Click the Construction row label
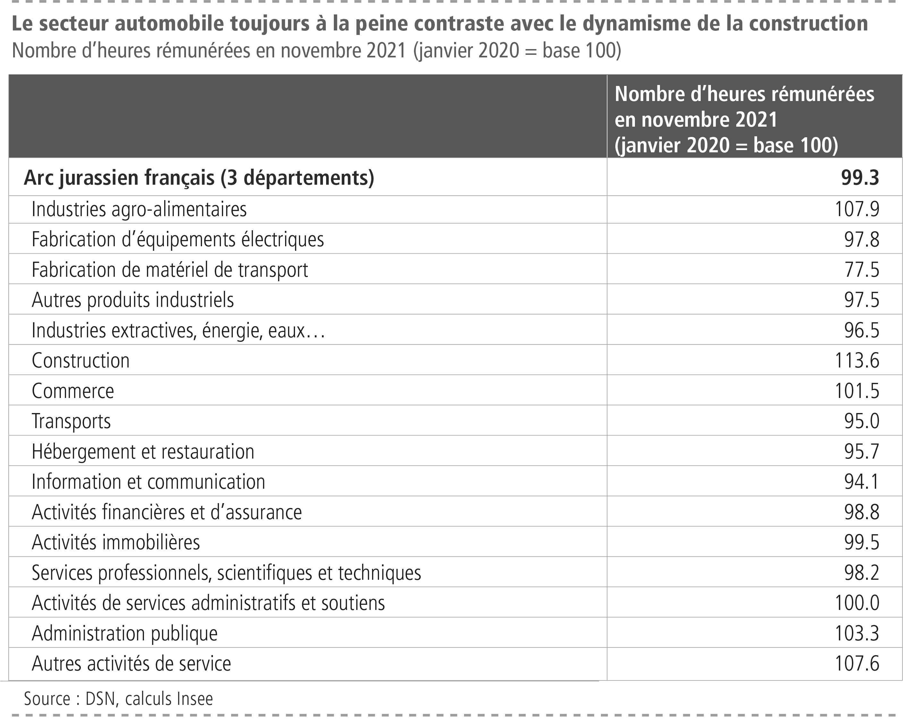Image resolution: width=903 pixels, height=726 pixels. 81,360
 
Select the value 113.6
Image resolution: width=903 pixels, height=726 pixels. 857,360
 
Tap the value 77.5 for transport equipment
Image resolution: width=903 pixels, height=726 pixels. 862,269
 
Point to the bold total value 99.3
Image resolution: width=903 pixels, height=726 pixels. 860,178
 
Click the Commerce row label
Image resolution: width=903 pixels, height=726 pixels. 73,391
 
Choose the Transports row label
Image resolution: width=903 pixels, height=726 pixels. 71,421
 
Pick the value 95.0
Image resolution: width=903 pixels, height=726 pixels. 862,421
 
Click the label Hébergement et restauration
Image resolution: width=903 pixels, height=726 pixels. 143,452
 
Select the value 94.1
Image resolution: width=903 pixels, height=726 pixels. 862,482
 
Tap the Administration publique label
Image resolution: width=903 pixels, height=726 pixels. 124,633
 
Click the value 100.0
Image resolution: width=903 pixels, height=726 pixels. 857,603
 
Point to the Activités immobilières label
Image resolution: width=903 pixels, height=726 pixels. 115,542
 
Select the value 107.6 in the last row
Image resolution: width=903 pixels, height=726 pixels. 857,663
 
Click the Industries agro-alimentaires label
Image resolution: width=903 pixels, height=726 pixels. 139,209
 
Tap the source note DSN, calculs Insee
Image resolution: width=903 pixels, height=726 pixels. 119,698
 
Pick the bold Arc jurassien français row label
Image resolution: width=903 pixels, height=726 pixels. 198,178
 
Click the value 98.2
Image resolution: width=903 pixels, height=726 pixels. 862,573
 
